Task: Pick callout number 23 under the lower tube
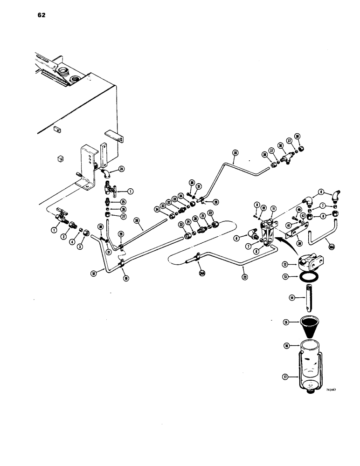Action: [x=245, y=276]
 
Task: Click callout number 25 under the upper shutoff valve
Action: [x=124, y=202]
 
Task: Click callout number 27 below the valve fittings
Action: [x=124, y=217]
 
